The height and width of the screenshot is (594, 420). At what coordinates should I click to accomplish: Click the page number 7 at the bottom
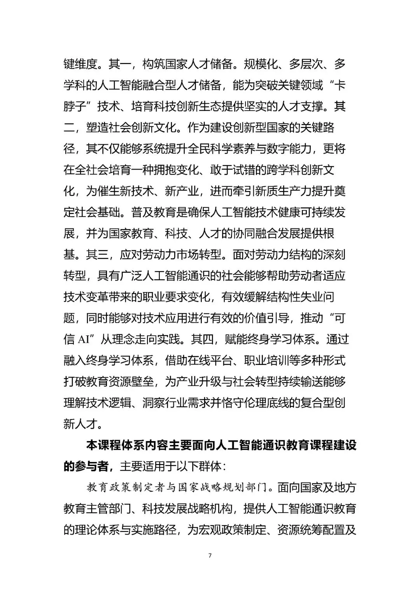210,555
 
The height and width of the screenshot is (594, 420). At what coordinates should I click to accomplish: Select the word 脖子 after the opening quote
75,106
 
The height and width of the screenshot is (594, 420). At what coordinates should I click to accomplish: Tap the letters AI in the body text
83,339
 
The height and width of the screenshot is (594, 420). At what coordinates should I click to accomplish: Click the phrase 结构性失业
289,297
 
